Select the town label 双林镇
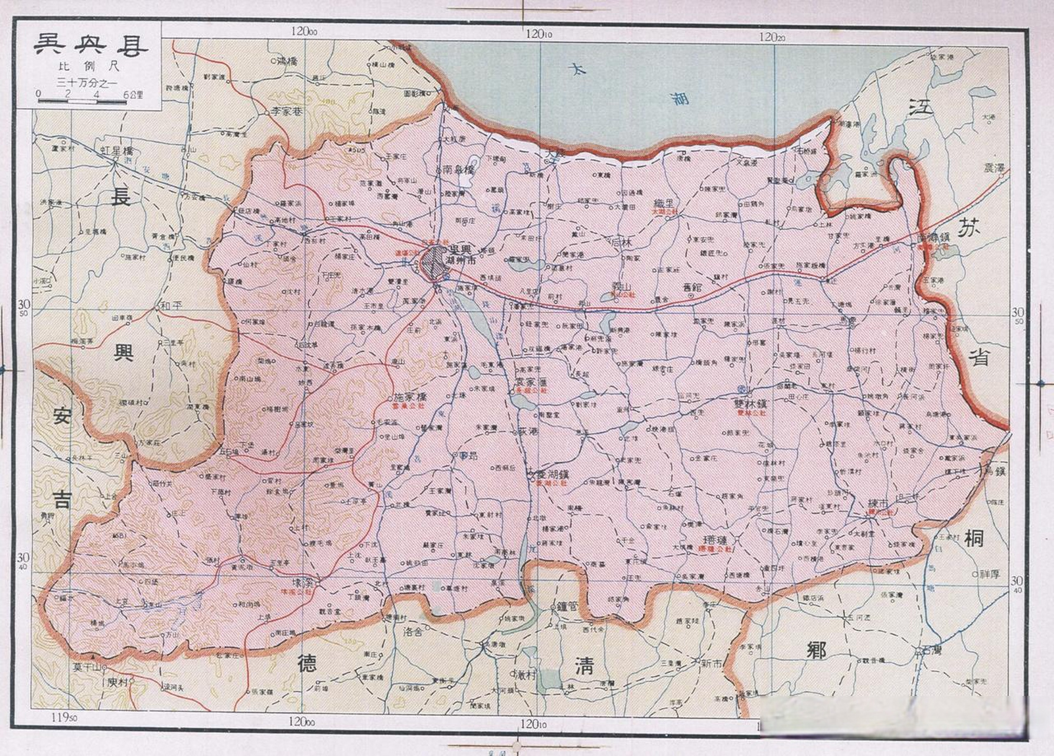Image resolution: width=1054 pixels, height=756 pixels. pyautogui.click(x=750, y=404)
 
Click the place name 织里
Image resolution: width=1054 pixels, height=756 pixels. pyautogui.click(x=667, y=203)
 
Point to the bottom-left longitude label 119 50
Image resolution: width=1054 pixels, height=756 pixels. pyautogui.click(x=64, y=718)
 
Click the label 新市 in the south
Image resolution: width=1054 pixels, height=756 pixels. pyautogui.click(x=712, y=663)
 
